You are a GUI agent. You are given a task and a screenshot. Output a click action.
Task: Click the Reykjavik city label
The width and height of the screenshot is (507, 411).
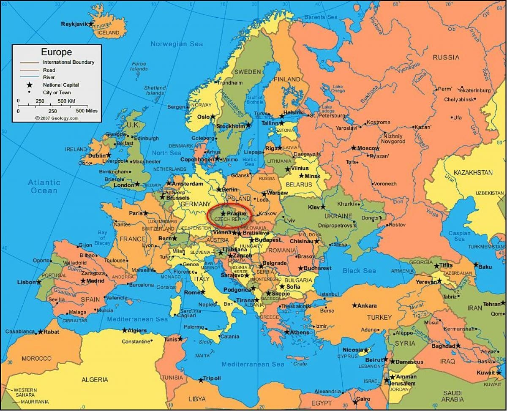(x=74, y=24)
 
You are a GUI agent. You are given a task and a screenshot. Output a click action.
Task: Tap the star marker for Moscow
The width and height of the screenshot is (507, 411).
(x=354, y=148)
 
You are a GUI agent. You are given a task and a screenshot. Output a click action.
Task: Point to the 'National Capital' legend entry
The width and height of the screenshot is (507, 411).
(x=60, y=85)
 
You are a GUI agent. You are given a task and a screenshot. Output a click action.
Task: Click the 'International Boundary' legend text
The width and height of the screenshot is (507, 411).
(x=68, y=62)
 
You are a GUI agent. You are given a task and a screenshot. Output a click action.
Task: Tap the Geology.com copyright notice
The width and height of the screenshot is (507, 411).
(x=57, y=118)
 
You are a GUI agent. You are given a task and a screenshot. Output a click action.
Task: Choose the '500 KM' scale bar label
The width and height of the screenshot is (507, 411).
(x=66, y=101)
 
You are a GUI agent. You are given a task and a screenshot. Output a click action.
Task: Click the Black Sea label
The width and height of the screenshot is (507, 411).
(x=359, y=270)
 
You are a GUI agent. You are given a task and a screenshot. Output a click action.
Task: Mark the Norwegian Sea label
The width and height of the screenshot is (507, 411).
(x=177, y=44)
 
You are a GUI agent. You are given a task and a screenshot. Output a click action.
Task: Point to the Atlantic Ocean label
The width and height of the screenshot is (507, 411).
(x=44, y=186)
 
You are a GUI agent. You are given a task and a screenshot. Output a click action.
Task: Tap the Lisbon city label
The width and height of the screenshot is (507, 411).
(x=26, y=282)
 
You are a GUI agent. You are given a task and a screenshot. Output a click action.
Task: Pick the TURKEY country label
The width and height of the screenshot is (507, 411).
(x=379, y=317)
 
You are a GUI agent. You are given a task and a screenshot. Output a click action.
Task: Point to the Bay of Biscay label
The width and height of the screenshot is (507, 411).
(x=103, y=237)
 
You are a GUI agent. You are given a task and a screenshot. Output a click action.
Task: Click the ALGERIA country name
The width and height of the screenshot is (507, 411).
(x=95, y=379)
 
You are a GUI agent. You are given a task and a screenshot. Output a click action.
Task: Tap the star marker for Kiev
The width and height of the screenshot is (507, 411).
(x=323, y=207)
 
